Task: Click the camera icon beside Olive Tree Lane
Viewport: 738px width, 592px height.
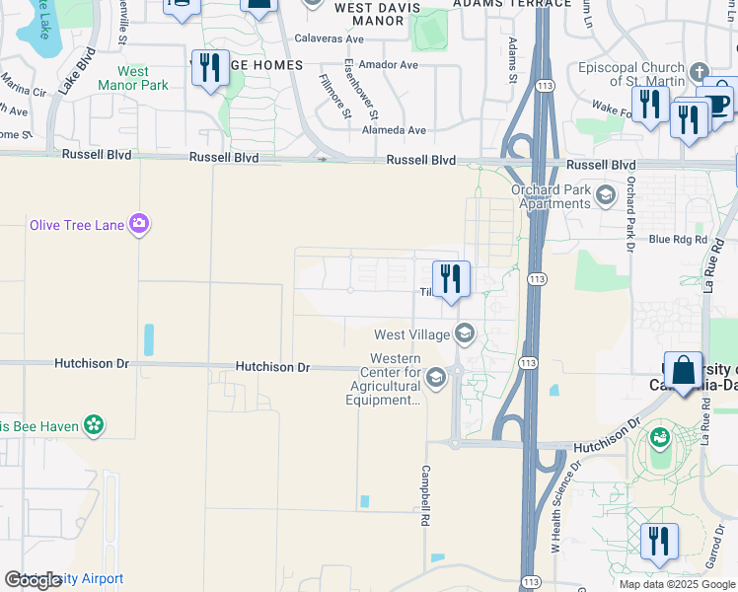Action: click(139, 225)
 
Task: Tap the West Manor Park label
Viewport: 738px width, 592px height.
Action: click(133, 78)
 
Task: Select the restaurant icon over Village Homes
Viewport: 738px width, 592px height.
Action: click(209, 68)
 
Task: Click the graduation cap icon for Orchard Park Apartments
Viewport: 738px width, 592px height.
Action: click(604, 197)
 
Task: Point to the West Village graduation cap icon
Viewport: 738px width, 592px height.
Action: click(464, 334)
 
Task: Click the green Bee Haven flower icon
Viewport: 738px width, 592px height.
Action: click(94, 426)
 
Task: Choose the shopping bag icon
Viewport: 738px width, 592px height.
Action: click(683, 371)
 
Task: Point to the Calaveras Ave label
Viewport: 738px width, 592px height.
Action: click(330, 39)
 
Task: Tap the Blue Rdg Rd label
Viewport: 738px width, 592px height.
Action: click(679, 239)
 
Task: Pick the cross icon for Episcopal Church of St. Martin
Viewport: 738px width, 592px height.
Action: click(699, 72)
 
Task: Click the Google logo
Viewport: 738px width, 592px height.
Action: click(34, 580)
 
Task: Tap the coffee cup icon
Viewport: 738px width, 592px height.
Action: click(717, 103)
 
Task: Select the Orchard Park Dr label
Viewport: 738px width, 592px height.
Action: click(629, 214)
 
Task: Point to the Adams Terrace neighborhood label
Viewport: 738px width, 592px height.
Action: click(511, 4)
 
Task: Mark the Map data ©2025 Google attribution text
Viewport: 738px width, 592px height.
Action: click(676, 584)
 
